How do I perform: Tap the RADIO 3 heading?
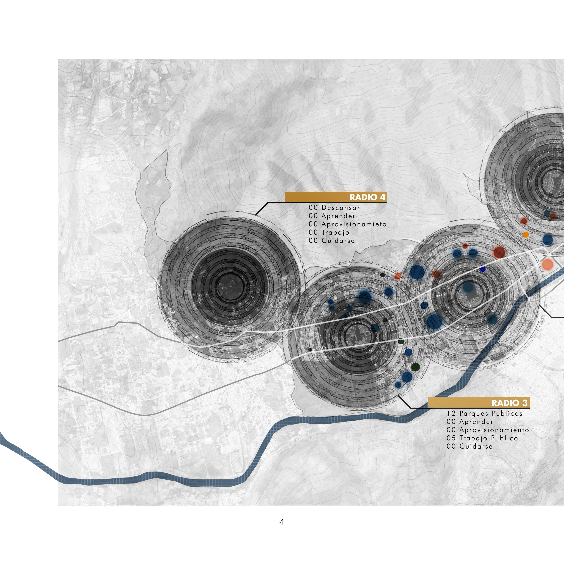tap(509, 403)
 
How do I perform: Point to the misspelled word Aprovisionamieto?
tap(354, 224)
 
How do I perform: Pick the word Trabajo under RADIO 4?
tap(335, 232)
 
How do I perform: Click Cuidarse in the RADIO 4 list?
tap(338, 241)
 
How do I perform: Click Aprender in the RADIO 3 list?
tap(476, 422)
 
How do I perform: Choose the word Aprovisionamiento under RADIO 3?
tap(494, 430)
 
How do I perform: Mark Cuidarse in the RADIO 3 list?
tap(476, 446)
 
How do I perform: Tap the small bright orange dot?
tap(526, 234)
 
